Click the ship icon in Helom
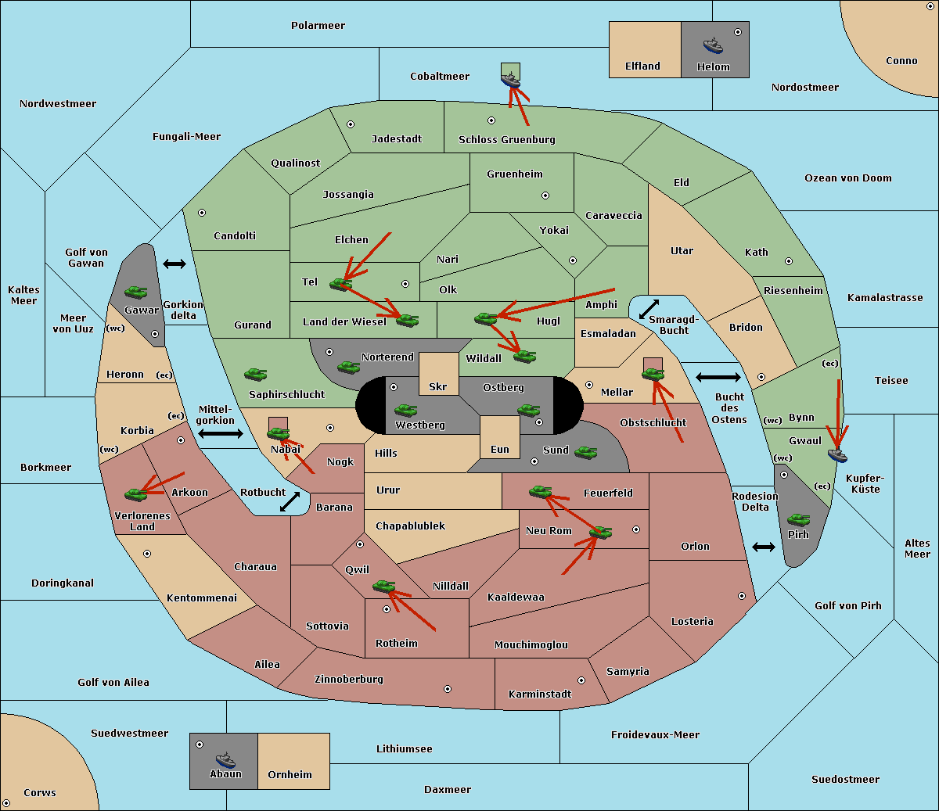713,45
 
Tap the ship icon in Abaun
225,759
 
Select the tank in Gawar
136,292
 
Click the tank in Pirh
798,519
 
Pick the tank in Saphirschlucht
255,374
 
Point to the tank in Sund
585,452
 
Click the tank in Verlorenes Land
136,494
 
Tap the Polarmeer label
318,26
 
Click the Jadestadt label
397,138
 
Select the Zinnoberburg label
349,680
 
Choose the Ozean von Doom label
847,178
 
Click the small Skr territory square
438,374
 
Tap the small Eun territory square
500,437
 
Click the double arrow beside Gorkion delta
174,264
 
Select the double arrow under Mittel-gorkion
221,433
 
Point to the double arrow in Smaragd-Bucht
649,309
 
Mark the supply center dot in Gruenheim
545,196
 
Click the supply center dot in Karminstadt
581,680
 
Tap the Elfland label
642,66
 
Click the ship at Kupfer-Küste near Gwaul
837,455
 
